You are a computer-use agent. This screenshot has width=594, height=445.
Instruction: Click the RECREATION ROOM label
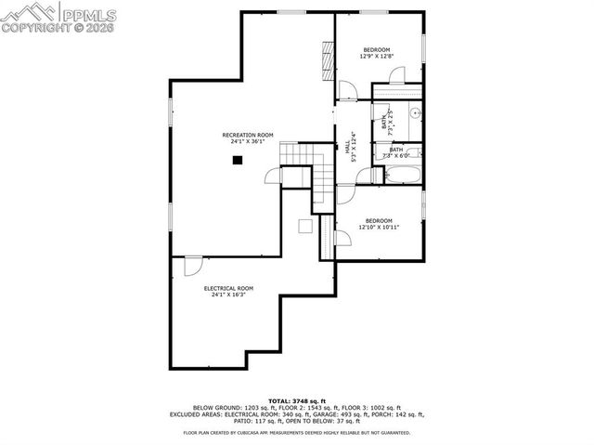(248, 135)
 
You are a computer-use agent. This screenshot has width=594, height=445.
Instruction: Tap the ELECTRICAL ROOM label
(228, 288)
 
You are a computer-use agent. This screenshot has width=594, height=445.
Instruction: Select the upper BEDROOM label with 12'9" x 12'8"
(376, 49)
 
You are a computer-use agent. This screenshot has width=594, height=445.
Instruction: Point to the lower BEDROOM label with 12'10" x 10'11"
(378, 220)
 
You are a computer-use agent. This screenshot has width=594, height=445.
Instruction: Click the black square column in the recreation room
(238, 160)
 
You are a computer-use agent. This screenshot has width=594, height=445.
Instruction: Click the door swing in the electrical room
(193, 267)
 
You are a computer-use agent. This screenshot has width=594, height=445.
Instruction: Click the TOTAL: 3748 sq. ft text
(296, 401)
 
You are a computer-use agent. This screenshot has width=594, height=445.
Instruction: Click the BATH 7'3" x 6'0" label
(396, 152)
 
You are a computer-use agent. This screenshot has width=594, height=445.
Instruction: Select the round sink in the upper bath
(415, 114)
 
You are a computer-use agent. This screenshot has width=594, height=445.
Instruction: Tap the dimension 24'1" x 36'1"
(248, 141)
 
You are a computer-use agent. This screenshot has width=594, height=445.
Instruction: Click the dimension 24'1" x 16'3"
(228, 294)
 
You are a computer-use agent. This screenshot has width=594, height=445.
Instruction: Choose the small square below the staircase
(304, 226)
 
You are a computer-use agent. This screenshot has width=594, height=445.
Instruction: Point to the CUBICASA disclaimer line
(296, 432)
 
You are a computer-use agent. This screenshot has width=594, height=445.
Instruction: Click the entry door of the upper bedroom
(347, 91)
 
